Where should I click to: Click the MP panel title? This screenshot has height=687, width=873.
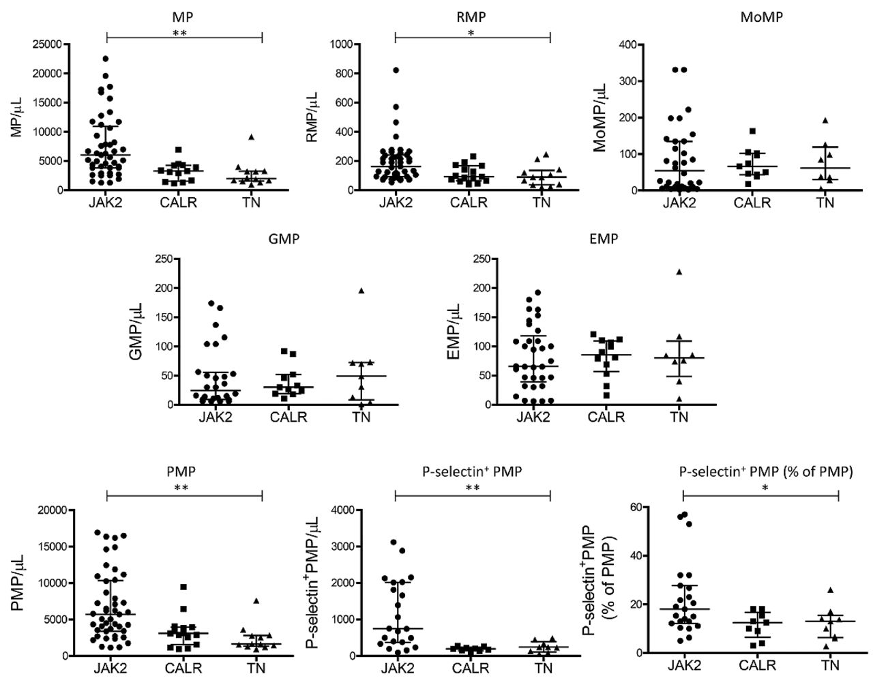tap(183, 17)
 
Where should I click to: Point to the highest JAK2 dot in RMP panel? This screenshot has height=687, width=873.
tap(396, 70)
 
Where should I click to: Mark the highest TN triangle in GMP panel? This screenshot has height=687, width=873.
tap(361, 291)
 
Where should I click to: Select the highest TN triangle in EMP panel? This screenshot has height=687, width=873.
tap(660, 272)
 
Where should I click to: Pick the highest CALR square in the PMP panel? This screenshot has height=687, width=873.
tap(183, 587)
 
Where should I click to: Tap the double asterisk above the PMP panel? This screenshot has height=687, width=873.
tap(183, 488)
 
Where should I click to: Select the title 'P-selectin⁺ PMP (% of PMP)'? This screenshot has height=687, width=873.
tap(766, 471)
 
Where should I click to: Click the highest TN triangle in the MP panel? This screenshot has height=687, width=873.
tap(252, 137)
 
